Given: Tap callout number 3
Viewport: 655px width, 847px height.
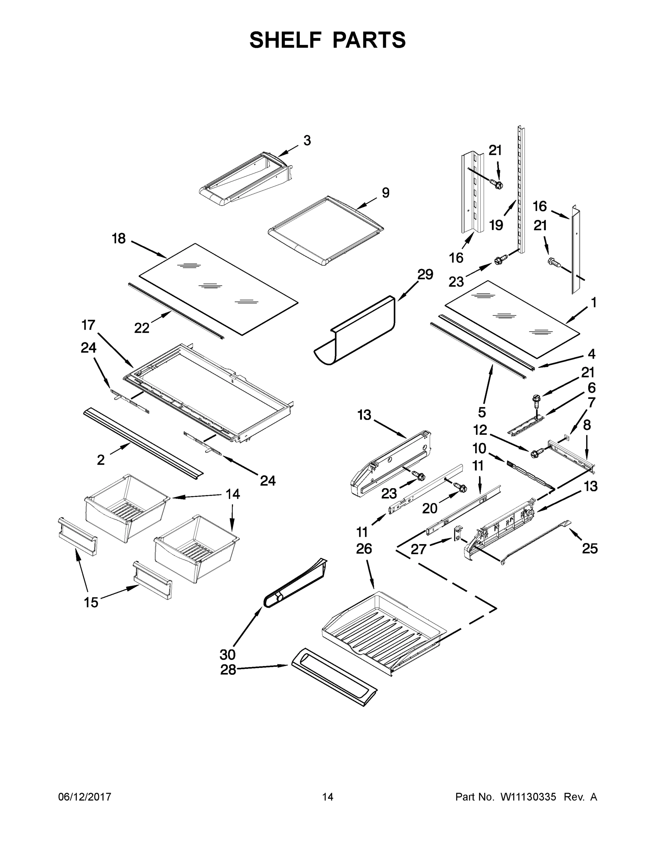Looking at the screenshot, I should click(x=307, y=140).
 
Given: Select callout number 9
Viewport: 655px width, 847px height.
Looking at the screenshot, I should click(x=385, y=193).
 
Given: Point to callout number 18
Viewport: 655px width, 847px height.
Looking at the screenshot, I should click(x=119, y=238).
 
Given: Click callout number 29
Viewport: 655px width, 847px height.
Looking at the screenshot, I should click(x=425, y=275).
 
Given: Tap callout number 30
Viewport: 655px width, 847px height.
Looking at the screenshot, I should click(x=227, y=655).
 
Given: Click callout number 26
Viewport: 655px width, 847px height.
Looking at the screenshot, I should click(x=364, y=548).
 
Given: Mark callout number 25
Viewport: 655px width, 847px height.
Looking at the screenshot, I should click(x=589, y=548).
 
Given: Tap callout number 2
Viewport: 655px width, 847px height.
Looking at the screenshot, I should click(x=101, y=460).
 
